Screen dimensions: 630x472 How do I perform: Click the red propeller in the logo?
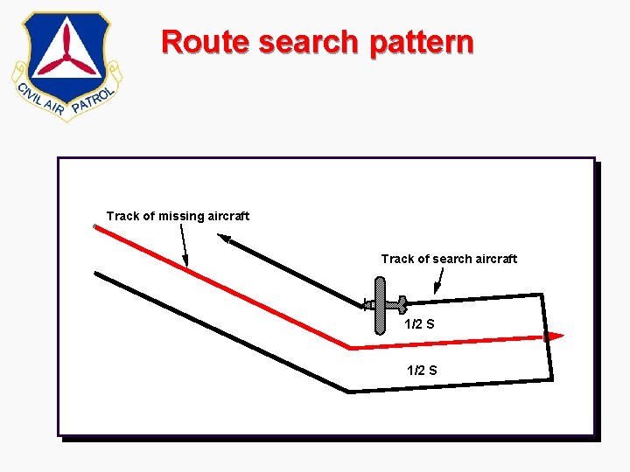tap(66, 58)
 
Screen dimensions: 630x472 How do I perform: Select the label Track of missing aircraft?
tap(178, 216)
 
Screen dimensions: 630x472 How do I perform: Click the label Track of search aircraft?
tap(449, 259)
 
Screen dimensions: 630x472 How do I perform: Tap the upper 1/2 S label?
tap(419, 324)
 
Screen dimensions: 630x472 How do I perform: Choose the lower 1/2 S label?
tap(422, 370)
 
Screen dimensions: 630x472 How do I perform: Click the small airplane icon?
tap(381, 305)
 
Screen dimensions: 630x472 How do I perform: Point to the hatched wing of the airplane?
tap(380, 305)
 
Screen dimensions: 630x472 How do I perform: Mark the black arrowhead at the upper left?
tap(225, 238)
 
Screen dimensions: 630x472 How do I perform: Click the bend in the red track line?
tap(350, 348)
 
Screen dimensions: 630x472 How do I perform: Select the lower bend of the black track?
tap(349, 391)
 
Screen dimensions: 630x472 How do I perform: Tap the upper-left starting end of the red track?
tap(95, 228)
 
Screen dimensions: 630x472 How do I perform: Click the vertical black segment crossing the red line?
tap(548, 337)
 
